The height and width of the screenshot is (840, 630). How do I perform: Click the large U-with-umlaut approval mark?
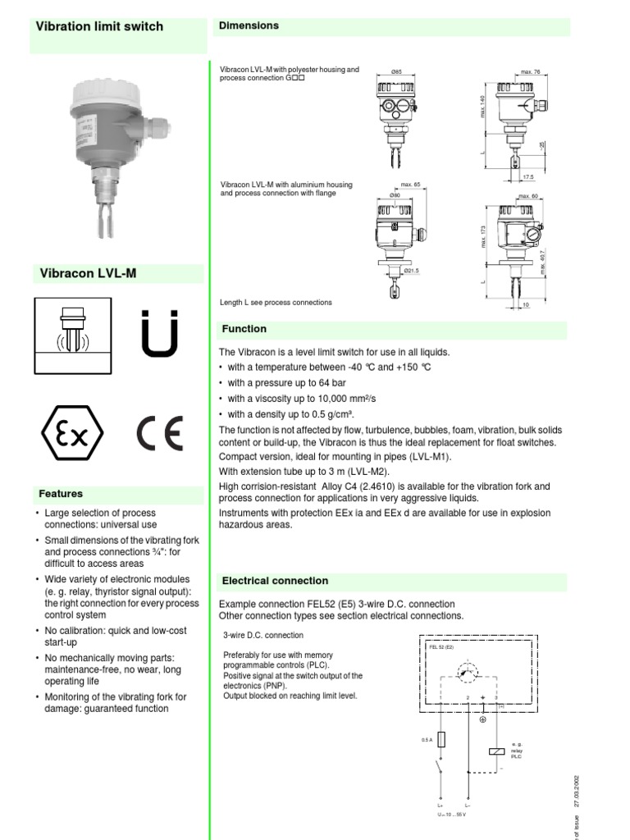[158, 334]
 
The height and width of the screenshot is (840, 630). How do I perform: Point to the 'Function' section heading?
[244, 329]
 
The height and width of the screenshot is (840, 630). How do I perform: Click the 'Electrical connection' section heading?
[275, 581]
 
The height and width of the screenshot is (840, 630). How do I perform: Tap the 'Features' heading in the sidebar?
[61, 494]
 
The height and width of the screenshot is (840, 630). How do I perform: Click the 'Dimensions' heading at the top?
[249, 25]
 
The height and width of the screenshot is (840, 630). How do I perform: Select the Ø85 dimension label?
[396, 73]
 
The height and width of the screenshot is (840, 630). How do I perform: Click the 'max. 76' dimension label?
[531, 73]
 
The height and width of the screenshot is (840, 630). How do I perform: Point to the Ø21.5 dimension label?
[411, 270]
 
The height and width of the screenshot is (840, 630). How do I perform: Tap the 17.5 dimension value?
[527, 176]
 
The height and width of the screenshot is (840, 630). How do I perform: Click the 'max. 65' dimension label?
[410, 185]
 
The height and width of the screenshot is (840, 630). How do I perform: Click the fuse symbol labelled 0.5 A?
[441, 740]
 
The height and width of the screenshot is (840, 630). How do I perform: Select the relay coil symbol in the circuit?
[495, 751]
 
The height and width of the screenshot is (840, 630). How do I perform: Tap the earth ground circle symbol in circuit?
[483, 719]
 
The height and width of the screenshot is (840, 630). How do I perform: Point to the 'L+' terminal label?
[441, 806]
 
